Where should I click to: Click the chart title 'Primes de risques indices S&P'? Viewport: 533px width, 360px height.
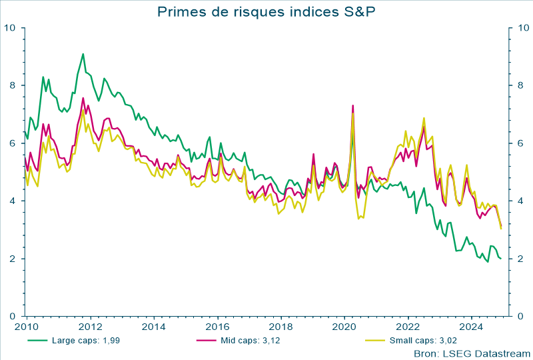[x=266, y=11]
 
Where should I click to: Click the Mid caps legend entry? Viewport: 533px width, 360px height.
[x=251, y=341]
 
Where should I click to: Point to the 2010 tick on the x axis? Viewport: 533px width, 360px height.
[x=26, y=327]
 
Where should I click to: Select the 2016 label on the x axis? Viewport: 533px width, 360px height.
[x=217, y=327]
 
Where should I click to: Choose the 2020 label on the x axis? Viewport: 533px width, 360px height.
[x=345, y=327]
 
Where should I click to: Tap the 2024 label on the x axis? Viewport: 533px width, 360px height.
[x=472, y=327]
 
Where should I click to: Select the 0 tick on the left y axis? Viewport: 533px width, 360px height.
[x=13, y=316]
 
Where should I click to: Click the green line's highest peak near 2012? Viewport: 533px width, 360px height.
[x=83, y=54]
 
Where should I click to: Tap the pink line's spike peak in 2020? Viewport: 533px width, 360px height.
[x=352, y=105]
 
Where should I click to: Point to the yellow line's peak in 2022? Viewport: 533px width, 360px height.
[x=424, y=118]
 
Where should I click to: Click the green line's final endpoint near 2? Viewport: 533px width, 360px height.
[x=501, y=259]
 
